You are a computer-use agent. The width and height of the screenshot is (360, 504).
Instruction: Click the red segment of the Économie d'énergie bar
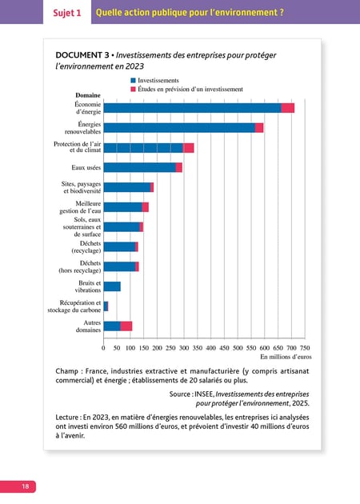288,108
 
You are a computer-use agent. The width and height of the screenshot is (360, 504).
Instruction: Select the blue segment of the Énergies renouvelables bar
179,128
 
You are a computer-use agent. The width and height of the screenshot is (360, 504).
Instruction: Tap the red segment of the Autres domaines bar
126,326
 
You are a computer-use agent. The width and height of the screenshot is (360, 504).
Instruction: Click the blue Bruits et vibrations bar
112,286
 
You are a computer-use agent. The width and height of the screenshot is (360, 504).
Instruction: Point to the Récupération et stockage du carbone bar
106,306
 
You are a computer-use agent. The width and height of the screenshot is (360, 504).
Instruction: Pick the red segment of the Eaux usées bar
179,167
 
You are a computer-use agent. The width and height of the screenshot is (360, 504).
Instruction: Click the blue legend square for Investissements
133,80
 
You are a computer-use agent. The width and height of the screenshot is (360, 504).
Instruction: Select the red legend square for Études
133,90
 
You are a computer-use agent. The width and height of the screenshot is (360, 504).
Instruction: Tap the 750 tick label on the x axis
305,348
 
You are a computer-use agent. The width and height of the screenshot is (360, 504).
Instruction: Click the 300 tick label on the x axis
184,348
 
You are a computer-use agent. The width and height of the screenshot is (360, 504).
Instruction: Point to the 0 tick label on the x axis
103,348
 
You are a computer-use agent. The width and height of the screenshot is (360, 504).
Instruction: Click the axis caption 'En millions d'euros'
286,357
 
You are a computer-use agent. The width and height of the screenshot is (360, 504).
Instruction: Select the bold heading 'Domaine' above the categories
88,95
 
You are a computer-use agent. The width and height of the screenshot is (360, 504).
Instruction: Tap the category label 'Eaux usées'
86,167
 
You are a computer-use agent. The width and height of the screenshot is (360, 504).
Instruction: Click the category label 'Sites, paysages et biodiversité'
81,187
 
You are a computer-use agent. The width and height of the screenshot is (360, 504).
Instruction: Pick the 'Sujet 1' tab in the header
67,13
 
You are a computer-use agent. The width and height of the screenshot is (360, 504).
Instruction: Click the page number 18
25,486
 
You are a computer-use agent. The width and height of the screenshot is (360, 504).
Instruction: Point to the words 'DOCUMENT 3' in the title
82,55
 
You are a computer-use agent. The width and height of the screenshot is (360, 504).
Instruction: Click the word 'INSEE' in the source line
204,394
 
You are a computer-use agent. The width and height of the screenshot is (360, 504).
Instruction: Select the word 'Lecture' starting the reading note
67,418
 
